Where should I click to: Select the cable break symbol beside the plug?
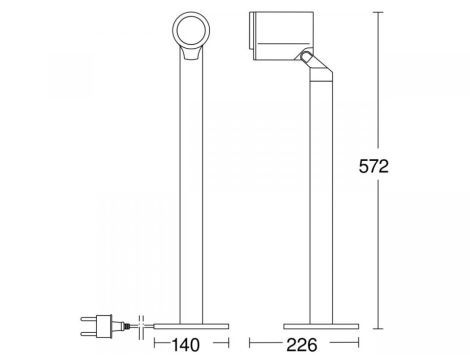(x=140, y=323)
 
